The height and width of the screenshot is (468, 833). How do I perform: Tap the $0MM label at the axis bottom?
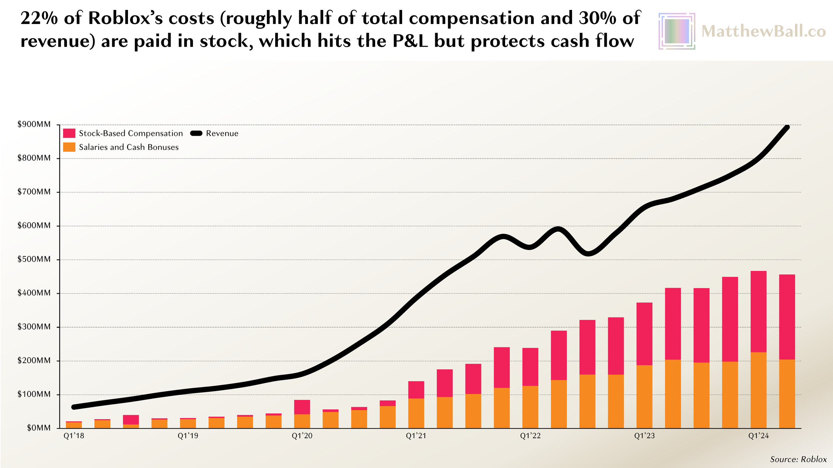pyautogui.click(x=39, y=428)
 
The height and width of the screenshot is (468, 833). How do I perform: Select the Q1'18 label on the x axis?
pyautogui.click(x=74, y=436)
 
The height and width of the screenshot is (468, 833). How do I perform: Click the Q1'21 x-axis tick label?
pyautogui.click(x=416, y=436)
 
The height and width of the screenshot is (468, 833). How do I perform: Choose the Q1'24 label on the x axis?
pyautogui.click(x=758, y=436)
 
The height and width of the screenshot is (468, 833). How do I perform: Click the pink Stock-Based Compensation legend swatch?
pyautogui.click(x=69, y=133)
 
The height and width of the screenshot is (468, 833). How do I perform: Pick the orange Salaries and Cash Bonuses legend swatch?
pyautogui.click(x=69, y=147)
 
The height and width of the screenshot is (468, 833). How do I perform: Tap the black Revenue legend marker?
pyautogui.click(x=196, y=133)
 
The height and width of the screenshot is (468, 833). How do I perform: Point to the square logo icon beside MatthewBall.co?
pyautogui.click(x=677, y=31)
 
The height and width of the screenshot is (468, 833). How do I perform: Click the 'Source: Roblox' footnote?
pyautogui.click(x=798, y=459)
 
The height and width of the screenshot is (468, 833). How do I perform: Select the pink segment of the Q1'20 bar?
pyautogui.click(x=302, y=407)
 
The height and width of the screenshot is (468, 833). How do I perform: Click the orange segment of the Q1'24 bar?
pyautogui.click(x=758, y=390)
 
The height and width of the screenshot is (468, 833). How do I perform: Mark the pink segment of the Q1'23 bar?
pyautogui.click(x=644, y=334)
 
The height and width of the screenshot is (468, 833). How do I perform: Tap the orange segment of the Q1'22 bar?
pyautogui.click(x=530, y=407)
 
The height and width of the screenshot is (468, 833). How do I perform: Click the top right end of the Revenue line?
pyautogui.click(x=787, y=127)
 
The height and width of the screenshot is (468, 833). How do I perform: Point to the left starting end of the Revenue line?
pyautogui.click(x=74, y=407)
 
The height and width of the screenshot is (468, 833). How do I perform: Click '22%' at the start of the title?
pyautogui.click(x=39, y=18)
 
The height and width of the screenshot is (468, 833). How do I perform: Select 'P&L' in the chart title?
pyautogui.click(x=410, y=41)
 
